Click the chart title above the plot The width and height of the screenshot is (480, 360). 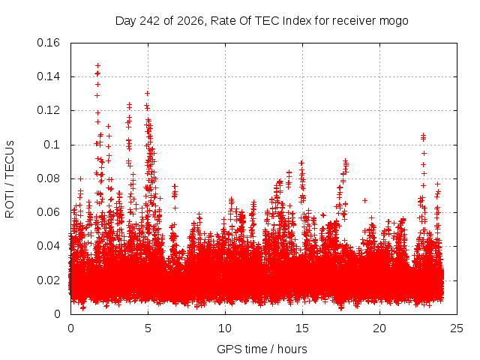click(x=262, y=21)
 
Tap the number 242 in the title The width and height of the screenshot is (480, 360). click(x=149, y=21)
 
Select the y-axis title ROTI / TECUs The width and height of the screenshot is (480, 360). click(x=10, y=179)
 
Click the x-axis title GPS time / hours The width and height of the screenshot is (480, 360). click(x=262, y=349)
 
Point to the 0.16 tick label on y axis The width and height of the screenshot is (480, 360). click(x=48, y=43)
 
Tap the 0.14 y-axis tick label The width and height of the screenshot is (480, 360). click(x=48, y=76)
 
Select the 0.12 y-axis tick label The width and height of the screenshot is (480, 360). click(x=48, y=110)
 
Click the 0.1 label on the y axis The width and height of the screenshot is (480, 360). click(x=52, y=145)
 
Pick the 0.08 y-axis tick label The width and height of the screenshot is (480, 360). click(x=48, y=178)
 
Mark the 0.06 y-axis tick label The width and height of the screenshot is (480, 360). click(x=48, y=212)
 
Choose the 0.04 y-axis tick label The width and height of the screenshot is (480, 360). click(x=48, y=246)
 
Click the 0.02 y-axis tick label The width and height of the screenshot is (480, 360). click(x=48, y=280)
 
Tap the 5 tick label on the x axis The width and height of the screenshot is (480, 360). click(x=148, y=328)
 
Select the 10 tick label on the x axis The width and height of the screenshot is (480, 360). click(x=225, y=328)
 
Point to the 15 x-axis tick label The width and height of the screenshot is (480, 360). click(x=302, y=328)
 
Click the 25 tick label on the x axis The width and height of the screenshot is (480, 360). click(x=457, y=328)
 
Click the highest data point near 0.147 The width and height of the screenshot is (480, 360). click(x=97, y=65)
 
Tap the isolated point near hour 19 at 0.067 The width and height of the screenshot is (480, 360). click(x=364, y=200)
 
